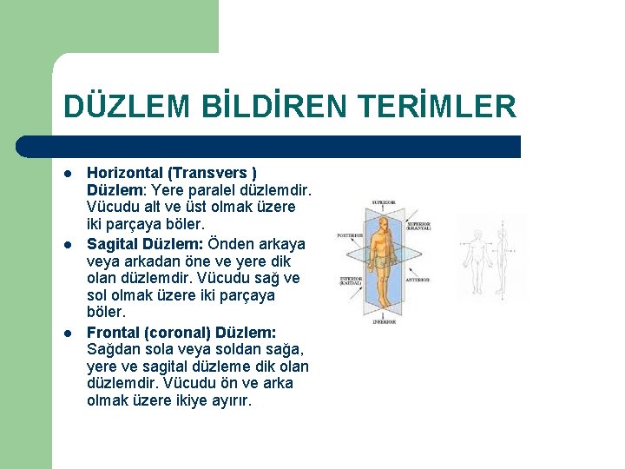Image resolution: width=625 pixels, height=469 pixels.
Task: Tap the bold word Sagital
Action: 114,243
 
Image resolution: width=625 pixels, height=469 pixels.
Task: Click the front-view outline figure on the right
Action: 477,261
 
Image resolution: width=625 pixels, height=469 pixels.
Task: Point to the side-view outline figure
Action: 512,261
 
